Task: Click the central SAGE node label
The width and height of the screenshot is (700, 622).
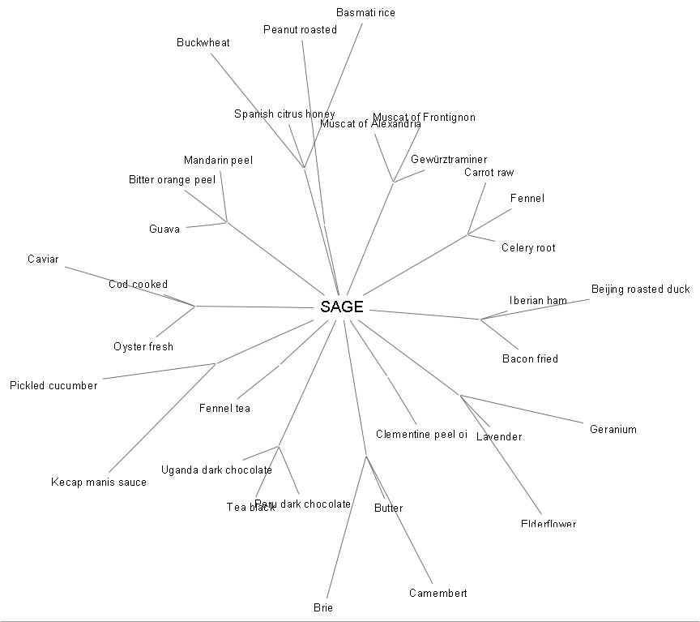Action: click(342, 307)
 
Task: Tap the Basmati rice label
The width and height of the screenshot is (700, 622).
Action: click(365, 13)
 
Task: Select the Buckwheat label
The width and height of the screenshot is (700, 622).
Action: click(203, 43)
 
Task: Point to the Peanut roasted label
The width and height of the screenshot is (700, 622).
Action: click(300, 30)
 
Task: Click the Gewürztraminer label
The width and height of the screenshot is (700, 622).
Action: click(449, 160)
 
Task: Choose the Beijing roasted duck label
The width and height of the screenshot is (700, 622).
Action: click(640, 290)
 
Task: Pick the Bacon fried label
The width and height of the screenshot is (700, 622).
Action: click(530, 358)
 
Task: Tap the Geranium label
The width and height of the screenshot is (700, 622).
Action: click(613, 430)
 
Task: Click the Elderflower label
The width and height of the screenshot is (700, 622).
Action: click(548, 524)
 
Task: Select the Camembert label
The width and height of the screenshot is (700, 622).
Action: click(437, 593)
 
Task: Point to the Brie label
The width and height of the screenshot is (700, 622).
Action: click(323, 607)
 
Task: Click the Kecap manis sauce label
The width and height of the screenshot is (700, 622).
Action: click(99, 483)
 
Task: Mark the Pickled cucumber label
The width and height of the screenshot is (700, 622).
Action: click(53, 386)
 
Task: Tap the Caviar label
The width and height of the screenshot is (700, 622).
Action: click(43, 260)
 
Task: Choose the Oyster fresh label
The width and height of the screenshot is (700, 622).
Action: click(143, 347)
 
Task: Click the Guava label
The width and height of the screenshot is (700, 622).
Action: click(164, 229)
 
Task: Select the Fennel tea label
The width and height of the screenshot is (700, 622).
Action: click(224, 409)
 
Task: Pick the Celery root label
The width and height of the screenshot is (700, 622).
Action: click(528, 248)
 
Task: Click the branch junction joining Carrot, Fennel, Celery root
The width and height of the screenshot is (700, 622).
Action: click(468, 235)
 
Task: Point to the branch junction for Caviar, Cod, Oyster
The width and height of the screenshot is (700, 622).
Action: click(194, 306)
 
